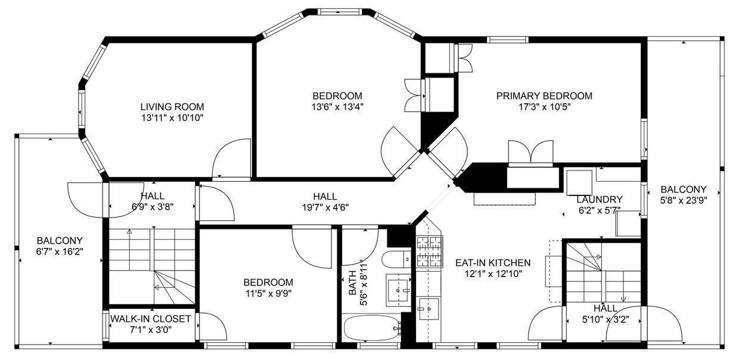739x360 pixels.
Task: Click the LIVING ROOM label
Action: [172, 107]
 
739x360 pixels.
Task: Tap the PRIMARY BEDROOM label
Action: [544, 96]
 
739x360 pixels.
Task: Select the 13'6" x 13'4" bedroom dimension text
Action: [337, 107]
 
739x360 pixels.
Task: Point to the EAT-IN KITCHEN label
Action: [493, 263]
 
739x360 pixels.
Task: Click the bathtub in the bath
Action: [371, 328]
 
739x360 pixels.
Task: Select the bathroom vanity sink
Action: [399, 290]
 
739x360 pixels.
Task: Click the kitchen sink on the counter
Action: [429, 309]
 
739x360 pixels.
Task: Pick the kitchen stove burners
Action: [430, 251]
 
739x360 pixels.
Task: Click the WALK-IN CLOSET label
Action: [150, 319]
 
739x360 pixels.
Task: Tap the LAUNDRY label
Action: [600, 200]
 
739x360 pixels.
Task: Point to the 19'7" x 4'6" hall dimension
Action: [325, 207]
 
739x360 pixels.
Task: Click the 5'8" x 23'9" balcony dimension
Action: [684, 200]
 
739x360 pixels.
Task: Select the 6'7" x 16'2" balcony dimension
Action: [60, 252]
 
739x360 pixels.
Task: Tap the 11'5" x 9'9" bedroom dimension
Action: [268, 293]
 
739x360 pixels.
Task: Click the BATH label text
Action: [352, 283]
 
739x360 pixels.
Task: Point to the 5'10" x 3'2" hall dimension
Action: [606, 319]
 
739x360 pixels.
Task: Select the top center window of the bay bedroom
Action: [339, 12]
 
